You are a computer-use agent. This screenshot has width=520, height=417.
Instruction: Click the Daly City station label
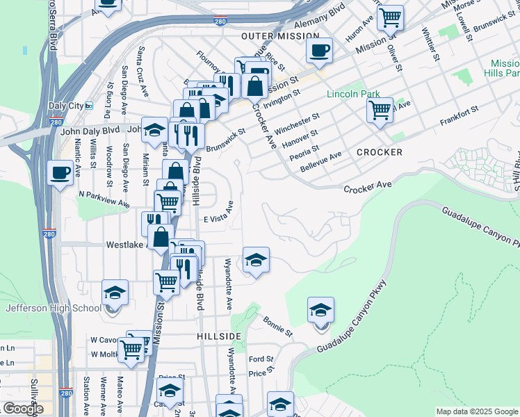(x=66, y=106)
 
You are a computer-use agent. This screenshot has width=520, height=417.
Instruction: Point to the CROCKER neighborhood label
(x=379, y=152)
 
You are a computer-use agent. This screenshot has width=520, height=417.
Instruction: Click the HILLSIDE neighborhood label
(x=218, y=336)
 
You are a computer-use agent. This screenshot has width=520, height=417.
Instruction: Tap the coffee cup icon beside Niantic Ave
(x=60, y=172)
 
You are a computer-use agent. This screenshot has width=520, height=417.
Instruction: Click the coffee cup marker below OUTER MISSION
(x=319, y=50)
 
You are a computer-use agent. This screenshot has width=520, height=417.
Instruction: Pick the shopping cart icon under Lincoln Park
(x=380, y=110)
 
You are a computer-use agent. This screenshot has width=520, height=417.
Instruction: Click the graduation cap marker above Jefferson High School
(x=115, y=292)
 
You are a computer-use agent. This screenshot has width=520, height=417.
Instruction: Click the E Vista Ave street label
(x=218, y=218)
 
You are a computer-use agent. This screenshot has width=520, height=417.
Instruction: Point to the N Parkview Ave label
(x=104, y=199)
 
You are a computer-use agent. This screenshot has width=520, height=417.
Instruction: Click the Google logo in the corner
(x=23, y=409)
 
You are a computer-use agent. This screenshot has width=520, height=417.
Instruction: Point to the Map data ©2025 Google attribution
(x=476, y=411)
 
